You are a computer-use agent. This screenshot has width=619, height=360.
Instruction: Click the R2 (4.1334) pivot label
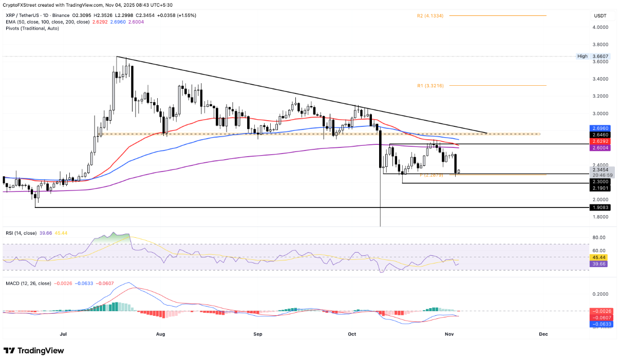point(430,16)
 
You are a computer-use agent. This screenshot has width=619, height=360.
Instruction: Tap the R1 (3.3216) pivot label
point(430,85)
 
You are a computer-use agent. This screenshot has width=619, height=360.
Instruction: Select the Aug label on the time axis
point(160,334)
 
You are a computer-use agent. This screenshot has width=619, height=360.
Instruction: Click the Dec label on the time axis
point(543,334)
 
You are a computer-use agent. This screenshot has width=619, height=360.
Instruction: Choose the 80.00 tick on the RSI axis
point(599,237)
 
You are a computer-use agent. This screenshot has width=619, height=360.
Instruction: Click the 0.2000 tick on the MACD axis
point(599,294)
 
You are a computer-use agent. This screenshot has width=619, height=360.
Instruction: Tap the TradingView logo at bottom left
point(34,350)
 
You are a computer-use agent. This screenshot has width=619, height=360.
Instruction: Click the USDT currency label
point(600,16)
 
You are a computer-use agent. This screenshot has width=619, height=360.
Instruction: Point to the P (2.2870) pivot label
point(432,175)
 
